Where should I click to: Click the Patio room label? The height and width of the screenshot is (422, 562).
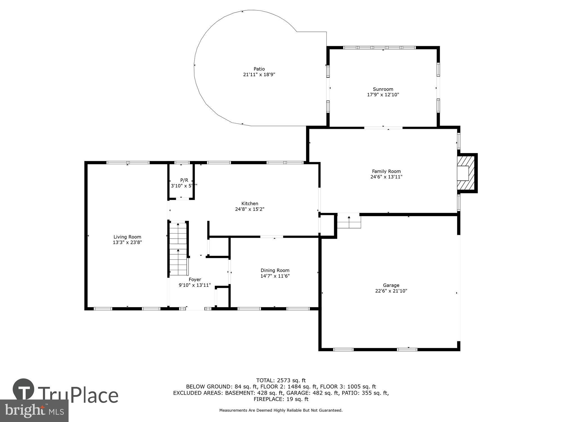pos(259,69)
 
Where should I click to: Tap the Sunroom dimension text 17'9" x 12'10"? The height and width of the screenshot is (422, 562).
pos(383,95)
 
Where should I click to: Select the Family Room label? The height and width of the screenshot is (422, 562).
pos(386,171)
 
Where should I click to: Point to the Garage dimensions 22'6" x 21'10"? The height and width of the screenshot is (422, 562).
pos(391,291)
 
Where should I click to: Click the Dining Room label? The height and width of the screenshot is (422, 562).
pos(275,270)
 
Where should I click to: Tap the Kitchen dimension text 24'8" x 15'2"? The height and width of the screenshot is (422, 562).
pos(250,209)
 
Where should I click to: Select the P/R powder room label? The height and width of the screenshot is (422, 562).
pos(184,180)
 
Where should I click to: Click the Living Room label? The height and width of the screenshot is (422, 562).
pos(127,237)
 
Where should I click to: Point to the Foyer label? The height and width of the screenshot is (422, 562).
pos(195,279)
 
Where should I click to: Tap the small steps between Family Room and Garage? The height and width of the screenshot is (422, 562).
pos(349,221)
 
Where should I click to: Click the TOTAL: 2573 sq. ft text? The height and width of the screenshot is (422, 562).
pos(281,381)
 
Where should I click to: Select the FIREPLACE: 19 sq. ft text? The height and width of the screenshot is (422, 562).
pos(281,399)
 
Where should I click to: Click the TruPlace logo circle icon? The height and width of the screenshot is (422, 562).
pos(23,389)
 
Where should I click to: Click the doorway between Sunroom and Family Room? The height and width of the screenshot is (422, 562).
pos(383,128)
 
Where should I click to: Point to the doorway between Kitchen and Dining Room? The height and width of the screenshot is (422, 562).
pos(271,237)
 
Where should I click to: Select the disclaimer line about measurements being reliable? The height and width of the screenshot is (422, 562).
pos(281,410)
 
